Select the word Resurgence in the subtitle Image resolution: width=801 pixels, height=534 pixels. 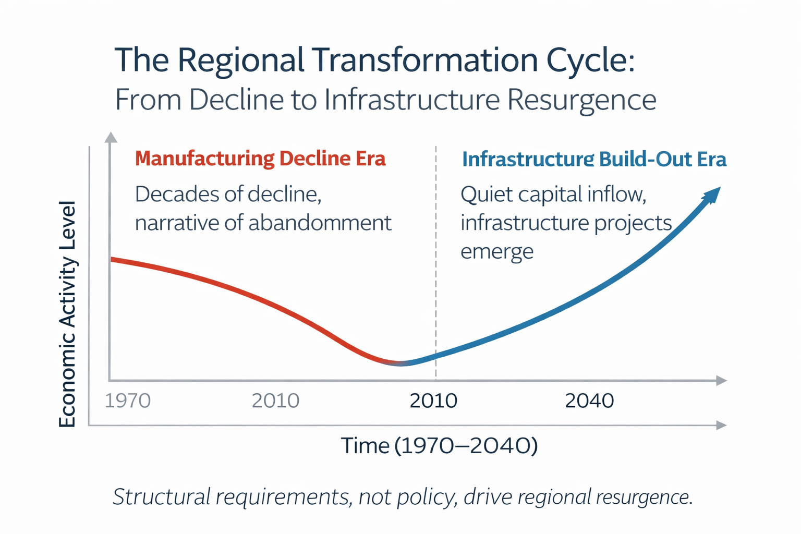(581, 100)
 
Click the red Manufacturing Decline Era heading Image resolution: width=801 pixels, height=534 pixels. (260, 159)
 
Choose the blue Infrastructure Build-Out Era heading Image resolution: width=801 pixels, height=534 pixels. (594, 160)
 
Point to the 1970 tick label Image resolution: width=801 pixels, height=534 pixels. (128, 400)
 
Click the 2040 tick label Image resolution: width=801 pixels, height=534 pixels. (589, 400)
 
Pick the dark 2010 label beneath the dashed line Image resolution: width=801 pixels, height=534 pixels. (433, 400)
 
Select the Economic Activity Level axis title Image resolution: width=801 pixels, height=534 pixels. (68, 314)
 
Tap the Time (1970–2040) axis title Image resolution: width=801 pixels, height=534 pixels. (439, 446)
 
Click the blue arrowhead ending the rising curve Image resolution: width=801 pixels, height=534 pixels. (712, 196)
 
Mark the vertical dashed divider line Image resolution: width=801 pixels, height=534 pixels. (435, 261)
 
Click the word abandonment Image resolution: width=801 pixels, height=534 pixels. (320, 223)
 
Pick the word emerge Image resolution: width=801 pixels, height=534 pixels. (497, 251)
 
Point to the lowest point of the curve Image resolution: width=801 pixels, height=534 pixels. (400, 363)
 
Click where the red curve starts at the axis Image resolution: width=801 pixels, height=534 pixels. (112, 259)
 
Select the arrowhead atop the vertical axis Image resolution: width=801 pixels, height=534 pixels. (111, 137)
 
